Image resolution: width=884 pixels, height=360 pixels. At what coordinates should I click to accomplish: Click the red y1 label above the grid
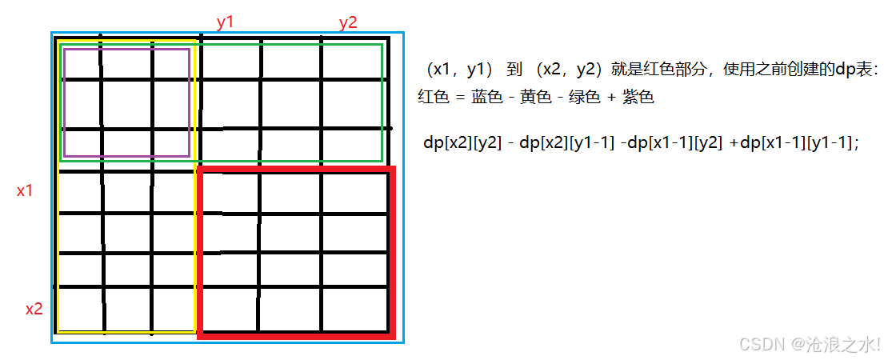225,22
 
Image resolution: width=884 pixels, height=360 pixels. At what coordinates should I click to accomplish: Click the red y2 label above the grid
347,22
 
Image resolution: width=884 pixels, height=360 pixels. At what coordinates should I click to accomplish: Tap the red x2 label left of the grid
34,309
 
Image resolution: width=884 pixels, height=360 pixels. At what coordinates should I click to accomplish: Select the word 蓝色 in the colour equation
486,98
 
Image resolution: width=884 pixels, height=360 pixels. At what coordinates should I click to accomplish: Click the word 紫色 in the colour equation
638,98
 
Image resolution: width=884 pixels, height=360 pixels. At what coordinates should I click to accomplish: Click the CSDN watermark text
809,343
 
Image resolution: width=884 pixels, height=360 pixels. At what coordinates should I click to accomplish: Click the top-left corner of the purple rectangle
63,50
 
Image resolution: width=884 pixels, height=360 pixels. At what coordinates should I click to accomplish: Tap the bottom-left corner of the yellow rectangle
58,331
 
